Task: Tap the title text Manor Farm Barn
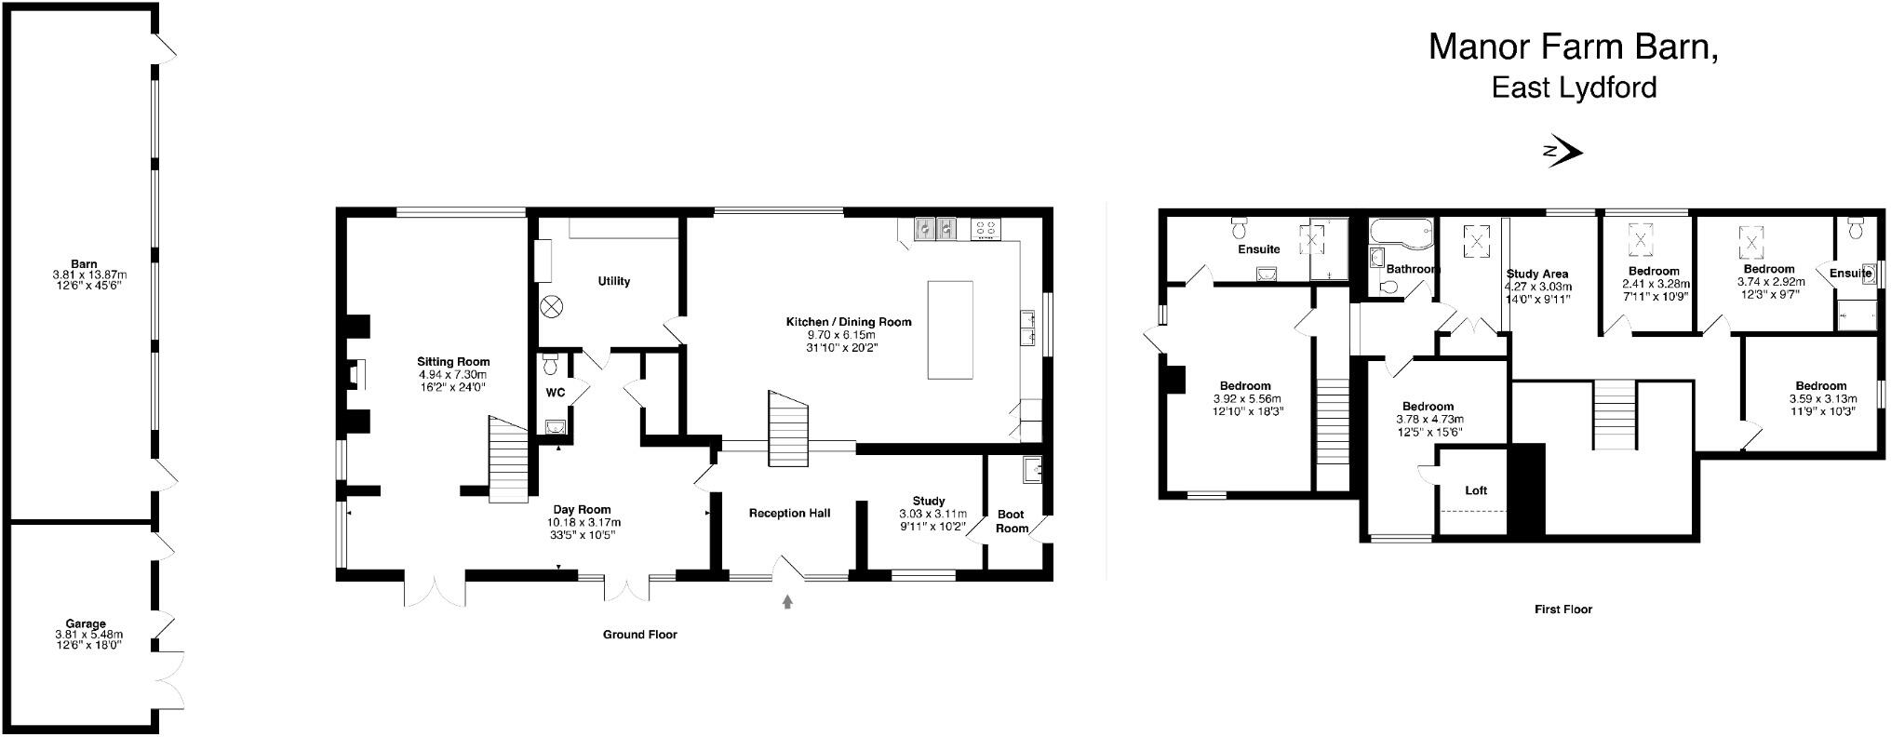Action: (1573, 47)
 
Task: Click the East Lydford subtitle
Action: (1574, 88)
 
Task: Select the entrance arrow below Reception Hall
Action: (787, 602)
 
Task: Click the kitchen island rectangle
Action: (949, 329)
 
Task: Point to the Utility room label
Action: (613, 281)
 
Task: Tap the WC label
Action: (555, 393)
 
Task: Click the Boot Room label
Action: (1012, 521)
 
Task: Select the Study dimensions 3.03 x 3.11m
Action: (932, 514)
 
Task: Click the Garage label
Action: (86, 623)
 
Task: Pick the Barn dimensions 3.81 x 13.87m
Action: (89, 275)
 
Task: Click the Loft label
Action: (1476, 490)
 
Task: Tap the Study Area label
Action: (1537, 274)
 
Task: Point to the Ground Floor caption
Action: (639, 635)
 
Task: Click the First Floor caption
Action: (1562, 610)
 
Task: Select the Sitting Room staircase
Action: (508, 461)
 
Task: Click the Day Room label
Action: (582, 509)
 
